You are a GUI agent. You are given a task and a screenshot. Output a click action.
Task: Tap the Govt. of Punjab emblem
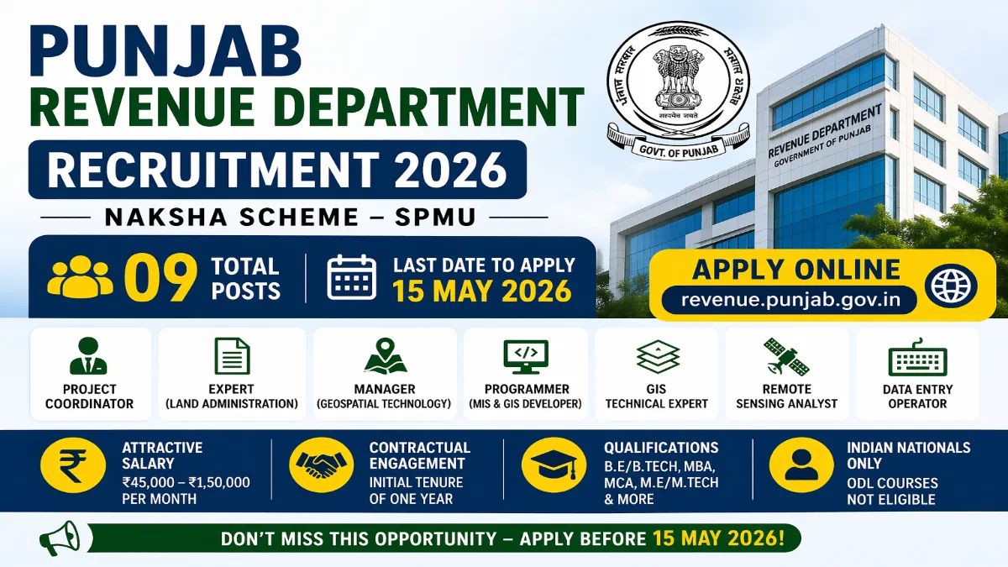point(678,84)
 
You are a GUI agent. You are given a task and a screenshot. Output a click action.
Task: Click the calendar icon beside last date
point(351,278)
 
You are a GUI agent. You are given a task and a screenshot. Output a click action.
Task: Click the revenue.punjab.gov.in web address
point(787,300)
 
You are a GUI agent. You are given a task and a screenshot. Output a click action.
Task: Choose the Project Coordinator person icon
point(88,356)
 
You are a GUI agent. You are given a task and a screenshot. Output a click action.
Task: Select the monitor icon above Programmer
point(526,356)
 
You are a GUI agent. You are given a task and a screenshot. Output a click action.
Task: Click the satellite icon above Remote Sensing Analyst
point(786,356)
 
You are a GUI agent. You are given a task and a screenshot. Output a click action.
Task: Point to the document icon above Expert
point(231,356)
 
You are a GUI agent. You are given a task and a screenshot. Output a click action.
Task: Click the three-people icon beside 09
point(80,278)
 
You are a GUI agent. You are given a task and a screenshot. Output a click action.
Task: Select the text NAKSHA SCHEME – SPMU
point(291,217)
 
